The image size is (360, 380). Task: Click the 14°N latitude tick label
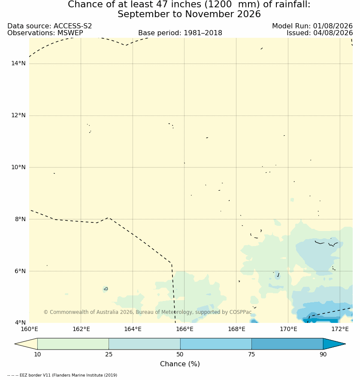(x=18, y=64)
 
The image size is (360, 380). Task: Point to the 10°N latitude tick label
(x=18, y=167)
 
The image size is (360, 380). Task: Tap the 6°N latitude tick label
(x=20, y=271)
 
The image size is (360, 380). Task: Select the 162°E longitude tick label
(x=81, y=329)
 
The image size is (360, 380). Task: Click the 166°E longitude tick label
(x=185, y=329)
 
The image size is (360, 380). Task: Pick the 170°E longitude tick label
(x=288, y=329)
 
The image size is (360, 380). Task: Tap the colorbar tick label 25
(x=109, y=354)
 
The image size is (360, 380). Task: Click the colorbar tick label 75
(x=251, y=354)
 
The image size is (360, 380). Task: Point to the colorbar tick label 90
(x=323, y=354)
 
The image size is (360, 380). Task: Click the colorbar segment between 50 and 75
(x=216, y=344)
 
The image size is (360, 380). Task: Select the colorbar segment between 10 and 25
(x=73, y=344)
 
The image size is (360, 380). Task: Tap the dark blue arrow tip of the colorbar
(x=345, y=344)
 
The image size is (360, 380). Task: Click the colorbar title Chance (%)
(x=180, y=364)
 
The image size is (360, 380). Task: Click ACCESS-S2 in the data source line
(x=73, y=26)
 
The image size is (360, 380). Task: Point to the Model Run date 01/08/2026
(x=333, y=26)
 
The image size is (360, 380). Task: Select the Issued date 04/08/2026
(x=333, y=33)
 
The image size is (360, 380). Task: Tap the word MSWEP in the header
(x=70, y=33)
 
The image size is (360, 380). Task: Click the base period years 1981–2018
(x=203, y=33)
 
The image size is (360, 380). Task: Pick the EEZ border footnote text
(x=62, y=375)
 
